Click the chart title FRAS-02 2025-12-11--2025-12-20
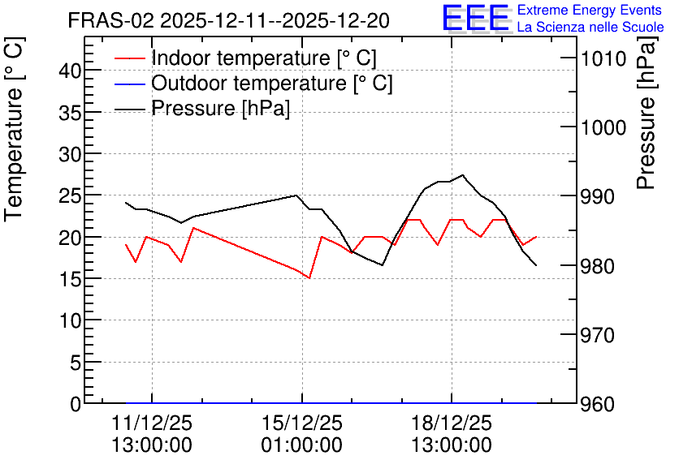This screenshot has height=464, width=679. coord(229,20)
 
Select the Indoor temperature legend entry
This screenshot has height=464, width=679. coord(245,58)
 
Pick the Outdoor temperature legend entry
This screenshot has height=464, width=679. coord(253,83)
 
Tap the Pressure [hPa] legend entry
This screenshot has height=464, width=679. coord(202,108)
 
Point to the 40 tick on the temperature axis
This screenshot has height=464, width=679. coord(70,71)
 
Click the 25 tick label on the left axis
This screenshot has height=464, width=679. coord(70,195)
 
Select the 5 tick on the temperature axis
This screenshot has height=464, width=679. coord(76,363)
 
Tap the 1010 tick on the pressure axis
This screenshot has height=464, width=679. coord(603,58)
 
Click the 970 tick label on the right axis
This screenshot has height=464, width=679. coord(598,335)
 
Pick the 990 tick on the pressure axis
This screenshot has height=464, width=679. coord(598,196)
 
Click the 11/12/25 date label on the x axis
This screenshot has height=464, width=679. coord(152,423)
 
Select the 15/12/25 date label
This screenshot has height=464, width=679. coord(302,423)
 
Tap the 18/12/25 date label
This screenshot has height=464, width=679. coord(452,423)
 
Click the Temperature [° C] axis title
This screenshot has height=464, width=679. coord(14,129)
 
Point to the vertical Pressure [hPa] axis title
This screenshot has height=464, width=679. coord(647,113)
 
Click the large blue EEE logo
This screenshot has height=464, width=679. coord(475,18)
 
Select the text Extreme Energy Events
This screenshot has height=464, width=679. coord(590,10)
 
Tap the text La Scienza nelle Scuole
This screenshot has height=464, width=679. coord(590,27)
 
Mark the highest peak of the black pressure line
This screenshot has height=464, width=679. coord(463,175)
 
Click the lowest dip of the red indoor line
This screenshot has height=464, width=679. coord(309,278)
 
